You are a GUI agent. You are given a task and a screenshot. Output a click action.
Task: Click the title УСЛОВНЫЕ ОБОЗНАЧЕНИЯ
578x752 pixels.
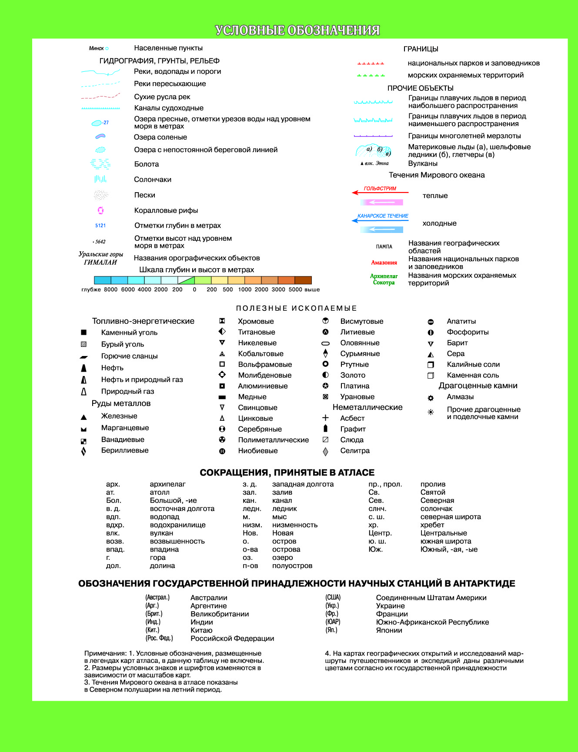coord(297,30)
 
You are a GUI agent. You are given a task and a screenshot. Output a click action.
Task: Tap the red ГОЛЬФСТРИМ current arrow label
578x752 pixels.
coord(380,189)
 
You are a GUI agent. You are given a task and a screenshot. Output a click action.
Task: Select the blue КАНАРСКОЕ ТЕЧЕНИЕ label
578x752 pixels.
coord(383,216)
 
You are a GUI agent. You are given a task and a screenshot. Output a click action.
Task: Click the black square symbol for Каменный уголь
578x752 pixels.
coord(84,333)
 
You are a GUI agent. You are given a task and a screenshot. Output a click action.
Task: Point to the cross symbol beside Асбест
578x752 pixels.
coord(325,418)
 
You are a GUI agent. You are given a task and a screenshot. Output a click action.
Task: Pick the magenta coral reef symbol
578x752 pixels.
coord(100,210)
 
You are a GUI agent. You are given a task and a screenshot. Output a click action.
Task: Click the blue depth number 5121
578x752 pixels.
coord(100,226)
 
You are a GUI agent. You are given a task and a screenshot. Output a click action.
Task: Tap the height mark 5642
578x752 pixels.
coord(100,242)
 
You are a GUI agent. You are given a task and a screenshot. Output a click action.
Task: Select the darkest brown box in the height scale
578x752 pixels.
coord(303,280)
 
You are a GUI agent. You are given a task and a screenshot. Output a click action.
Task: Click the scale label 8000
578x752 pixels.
coord(111,289)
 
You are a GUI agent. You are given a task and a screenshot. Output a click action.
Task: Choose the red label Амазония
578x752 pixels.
coord(384,263)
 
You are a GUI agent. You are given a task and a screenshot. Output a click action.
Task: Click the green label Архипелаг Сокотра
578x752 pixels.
coord(384,279)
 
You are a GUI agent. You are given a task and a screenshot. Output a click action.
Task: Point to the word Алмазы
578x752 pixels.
coord(460,397)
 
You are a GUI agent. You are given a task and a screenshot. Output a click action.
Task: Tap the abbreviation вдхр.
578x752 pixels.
coord(115,525)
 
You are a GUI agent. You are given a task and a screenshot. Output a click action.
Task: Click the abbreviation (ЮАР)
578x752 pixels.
coord(333,622)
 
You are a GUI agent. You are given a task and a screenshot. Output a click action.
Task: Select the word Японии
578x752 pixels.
coord(389,630)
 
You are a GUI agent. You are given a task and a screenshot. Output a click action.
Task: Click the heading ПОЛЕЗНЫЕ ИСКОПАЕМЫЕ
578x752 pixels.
coord(297,308)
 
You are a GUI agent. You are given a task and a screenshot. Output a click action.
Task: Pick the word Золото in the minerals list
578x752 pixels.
coord(353,375)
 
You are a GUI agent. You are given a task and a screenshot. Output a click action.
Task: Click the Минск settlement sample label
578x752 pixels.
coord(97,48)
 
